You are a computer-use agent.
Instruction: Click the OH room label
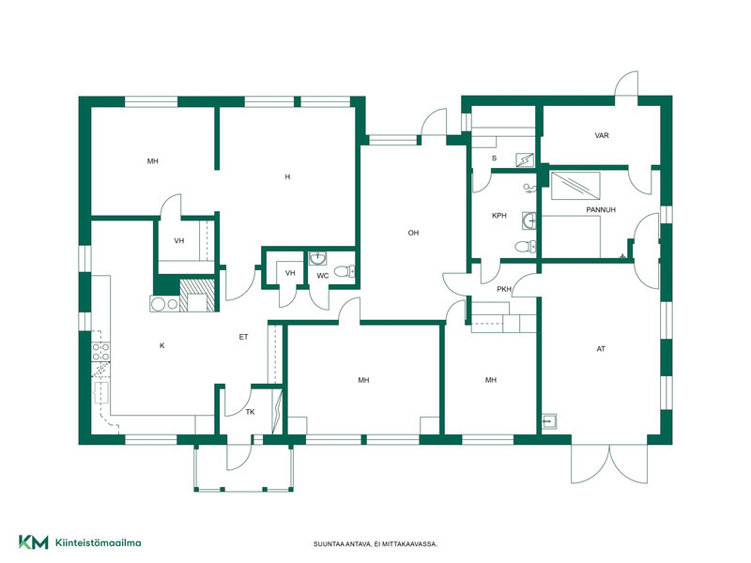point(413,233)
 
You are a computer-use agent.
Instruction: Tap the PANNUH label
point(601,209)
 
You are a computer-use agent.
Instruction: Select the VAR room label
point(602,135)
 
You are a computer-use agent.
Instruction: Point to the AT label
point(601,349)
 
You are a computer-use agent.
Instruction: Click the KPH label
point(499,216)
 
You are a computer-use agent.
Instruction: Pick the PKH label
point(504,289)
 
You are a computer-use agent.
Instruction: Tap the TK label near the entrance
point(250,412)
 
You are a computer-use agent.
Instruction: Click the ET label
point(243,337)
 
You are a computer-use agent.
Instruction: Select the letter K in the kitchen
point(161,345)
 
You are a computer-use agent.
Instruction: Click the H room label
point(287,176)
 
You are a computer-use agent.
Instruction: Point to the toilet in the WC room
point(345,272)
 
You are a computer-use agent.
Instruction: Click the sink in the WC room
point(317,259)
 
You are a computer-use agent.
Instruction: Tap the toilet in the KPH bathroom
point(526,247)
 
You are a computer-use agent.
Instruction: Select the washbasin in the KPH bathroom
point(529,221)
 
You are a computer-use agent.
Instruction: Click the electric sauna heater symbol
point(525,160)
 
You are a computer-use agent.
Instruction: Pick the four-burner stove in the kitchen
point(100,352)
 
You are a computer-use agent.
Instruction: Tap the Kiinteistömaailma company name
point(99,543)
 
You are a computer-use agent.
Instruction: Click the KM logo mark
point(34,542)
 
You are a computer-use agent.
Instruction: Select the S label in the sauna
point(495,158)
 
